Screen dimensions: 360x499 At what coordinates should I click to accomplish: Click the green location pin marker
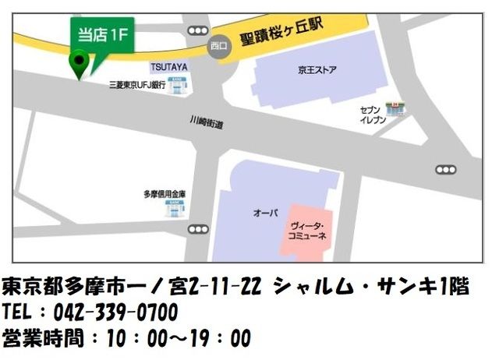tap(79, 62)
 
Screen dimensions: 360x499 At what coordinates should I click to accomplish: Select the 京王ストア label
tap(317, 69)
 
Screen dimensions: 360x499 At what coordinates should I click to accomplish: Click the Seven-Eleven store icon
tap(398, 109)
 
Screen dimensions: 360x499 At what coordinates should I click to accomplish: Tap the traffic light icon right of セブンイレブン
tap(445, 169)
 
